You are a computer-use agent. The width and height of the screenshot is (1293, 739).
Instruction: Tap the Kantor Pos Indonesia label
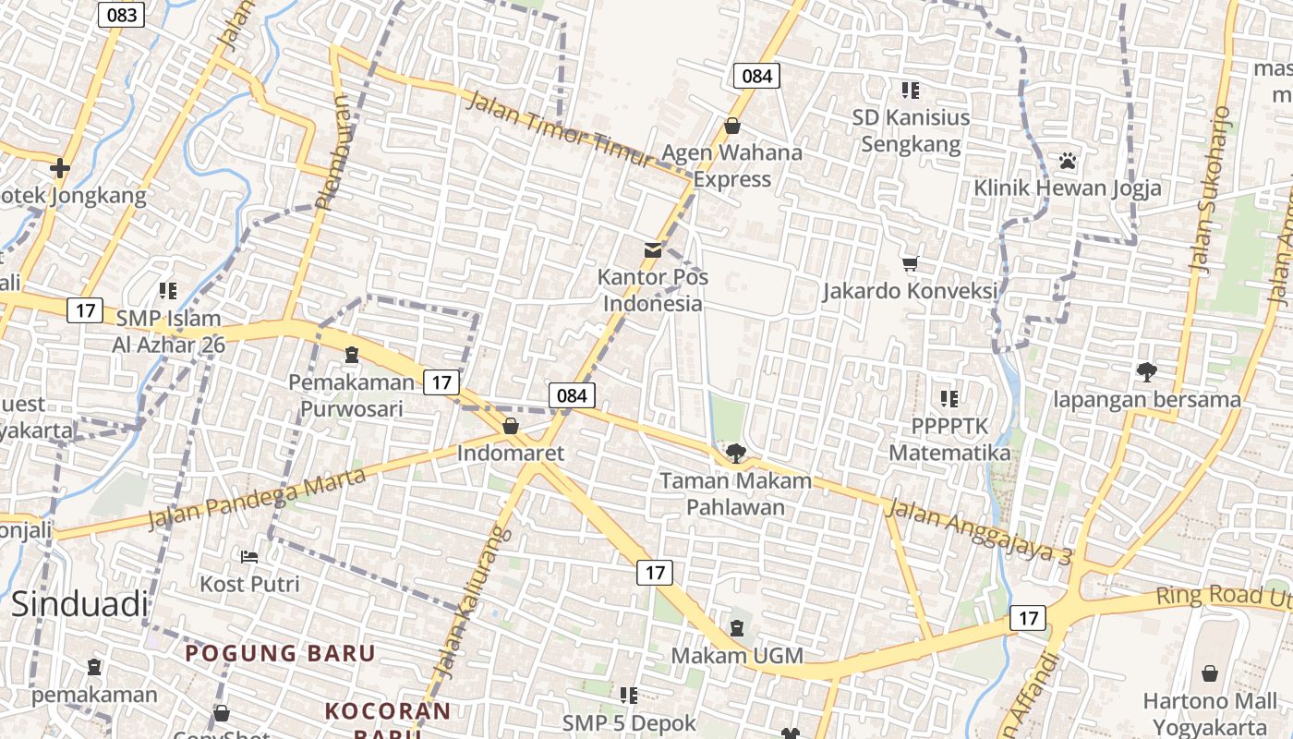click(653, 290)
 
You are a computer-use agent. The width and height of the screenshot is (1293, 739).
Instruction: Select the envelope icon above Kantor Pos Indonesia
click(653, 249)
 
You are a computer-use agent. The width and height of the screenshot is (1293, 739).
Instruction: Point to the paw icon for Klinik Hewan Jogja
click(1068, 161)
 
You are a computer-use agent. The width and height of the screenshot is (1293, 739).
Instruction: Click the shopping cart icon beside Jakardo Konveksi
click(911, 264)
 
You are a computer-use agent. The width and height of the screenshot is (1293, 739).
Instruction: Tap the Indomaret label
click(510, 454)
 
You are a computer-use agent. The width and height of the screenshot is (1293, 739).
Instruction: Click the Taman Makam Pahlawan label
click(735, 493)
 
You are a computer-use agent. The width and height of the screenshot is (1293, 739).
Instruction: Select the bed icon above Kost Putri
click(249, 556)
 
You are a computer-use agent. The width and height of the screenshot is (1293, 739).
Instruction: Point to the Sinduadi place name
click(79, 604)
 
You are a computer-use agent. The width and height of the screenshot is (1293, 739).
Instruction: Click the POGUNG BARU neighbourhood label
click(280, 653)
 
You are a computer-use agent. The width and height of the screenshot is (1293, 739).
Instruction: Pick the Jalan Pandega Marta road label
click(257, 499)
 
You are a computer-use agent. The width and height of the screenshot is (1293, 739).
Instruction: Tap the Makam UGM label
click(736, 656)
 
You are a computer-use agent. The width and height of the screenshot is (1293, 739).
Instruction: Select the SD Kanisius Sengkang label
click(911, 130)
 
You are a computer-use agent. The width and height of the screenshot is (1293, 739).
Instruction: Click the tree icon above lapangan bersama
click(1147, 372)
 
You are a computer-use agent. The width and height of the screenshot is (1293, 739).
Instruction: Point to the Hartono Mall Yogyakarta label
click(1210, 713)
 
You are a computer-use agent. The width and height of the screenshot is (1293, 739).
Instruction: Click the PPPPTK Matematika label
click(949, 440)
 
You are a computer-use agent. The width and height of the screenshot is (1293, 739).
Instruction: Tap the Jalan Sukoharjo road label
click(1210, 189)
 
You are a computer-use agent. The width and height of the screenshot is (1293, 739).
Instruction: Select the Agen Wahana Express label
click(732, 165)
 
